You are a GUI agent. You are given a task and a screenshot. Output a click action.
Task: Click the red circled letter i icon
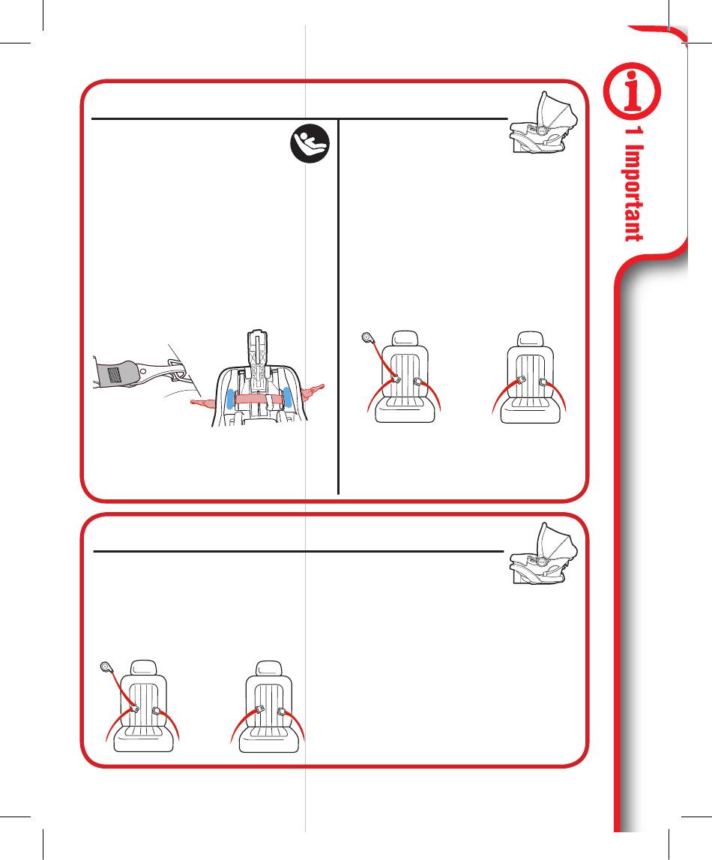click(x=632, y=90)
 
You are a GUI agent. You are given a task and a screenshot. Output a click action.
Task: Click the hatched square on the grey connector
click(x=113, y=375)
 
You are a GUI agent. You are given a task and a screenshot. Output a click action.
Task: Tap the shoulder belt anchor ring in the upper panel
click(x=367, y=337)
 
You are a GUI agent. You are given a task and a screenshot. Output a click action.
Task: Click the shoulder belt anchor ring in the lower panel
click(x=106, y=667)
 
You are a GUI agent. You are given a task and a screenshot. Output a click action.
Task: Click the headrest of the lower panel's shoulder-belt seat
click(x=144, y=668)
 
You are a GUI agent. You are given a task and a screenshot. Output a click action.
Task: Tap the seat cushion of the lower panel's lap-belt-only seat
click(x=269, y=739)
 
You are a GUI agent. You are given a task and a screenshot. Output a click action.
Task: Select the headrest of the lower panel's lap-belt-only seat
click(x=269, y=669)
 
